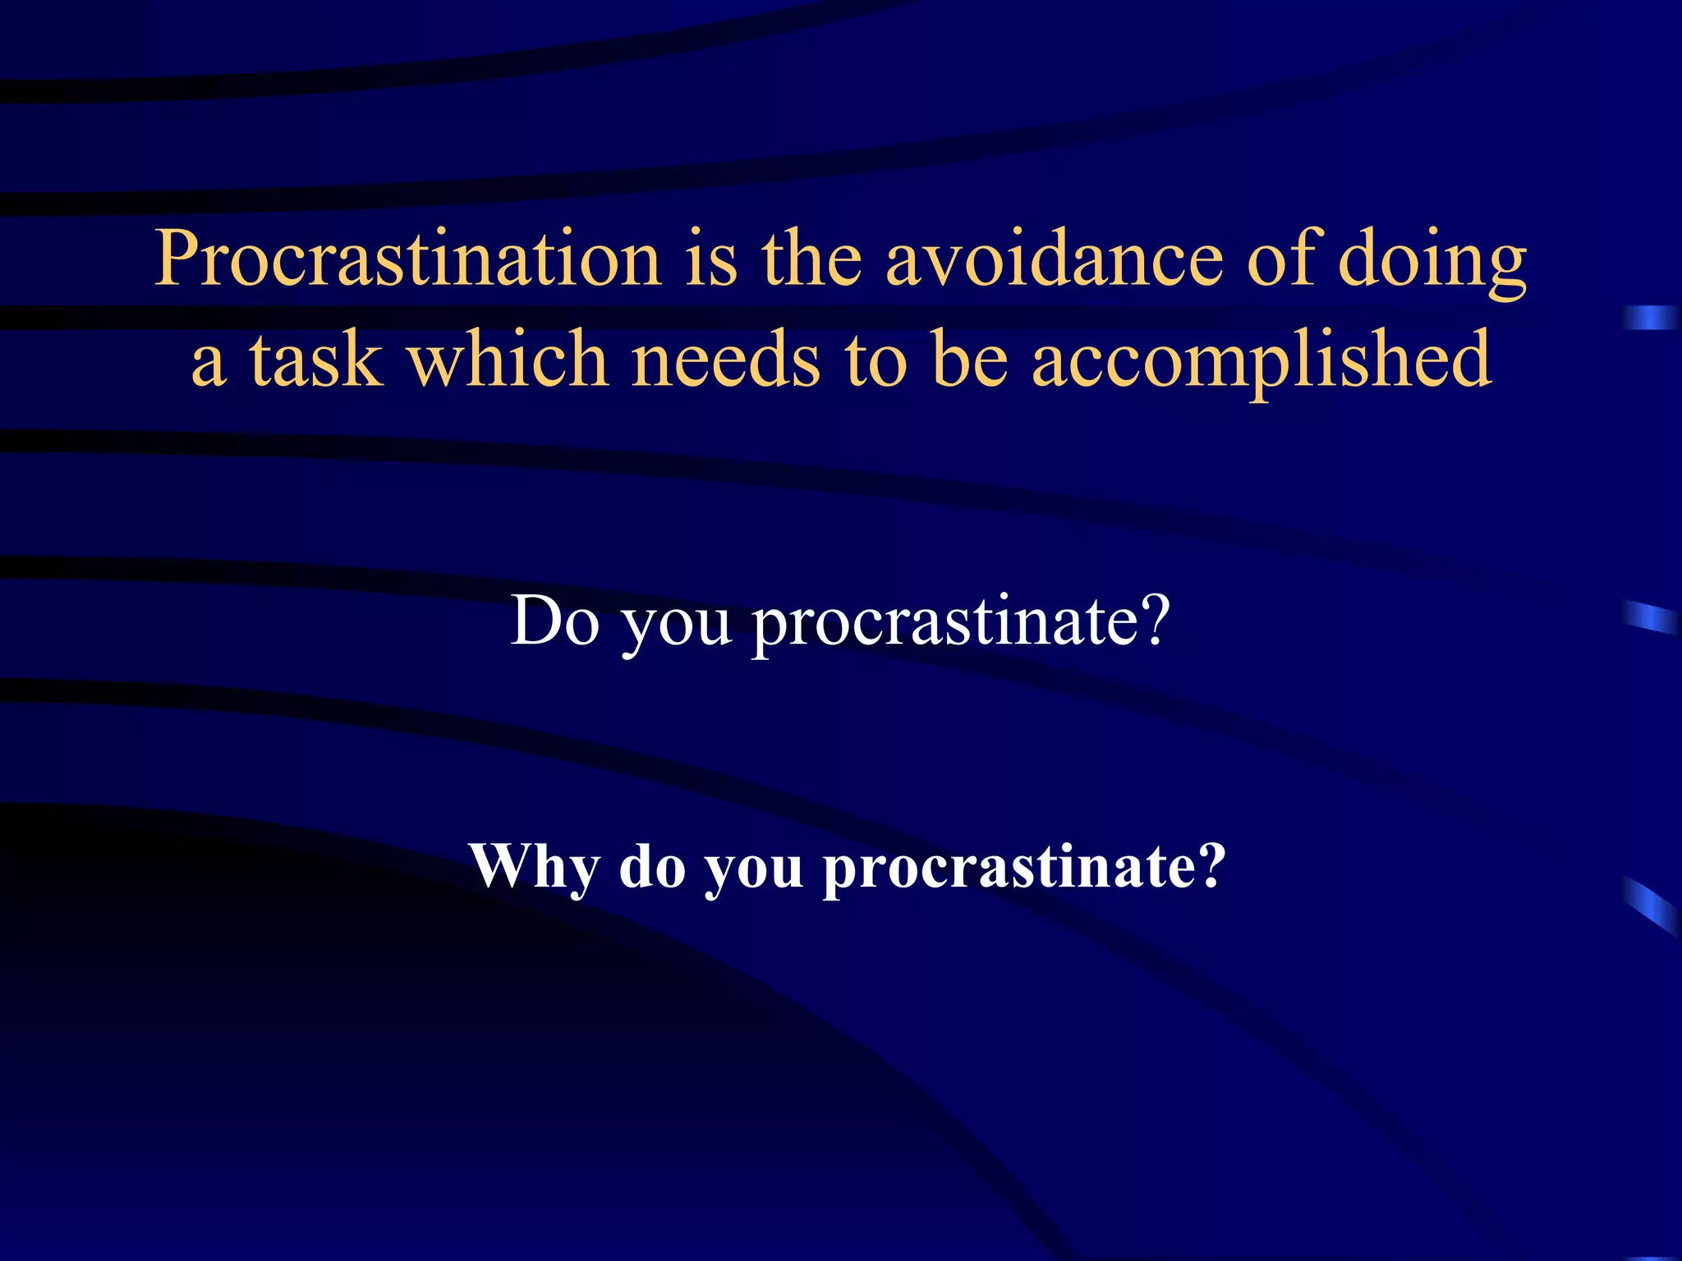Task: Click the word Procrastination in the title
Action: click(407, 259)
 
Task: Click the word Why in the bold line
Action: click(534, 867)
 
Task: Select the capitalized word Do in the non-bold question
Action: click(554, 621)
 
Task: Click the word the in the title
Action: click(811, 259)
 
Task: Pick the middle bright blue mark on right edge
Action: click(1651, 617)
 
